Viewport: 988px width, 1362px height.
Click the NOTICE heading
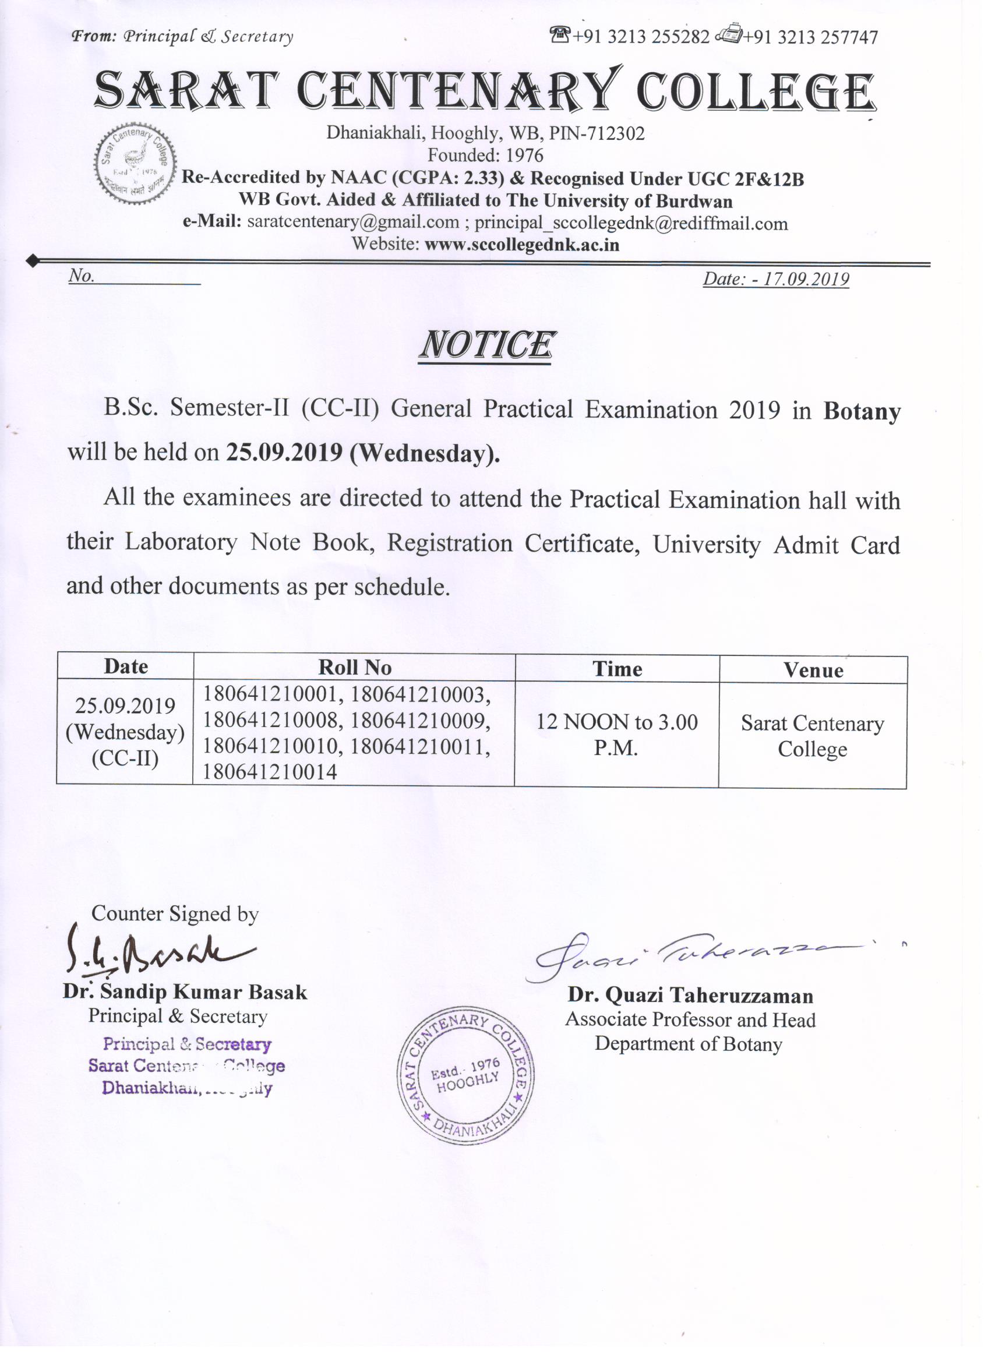485,345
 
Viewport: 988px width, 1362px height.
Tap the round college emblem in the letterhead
135,164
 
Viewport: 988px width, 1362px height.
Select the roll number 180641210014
270,772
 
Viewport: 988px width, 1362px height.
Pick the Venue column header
813,670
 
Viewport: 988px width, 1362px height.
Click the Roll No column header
354,667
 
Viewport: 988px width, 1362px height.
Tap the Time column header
617,669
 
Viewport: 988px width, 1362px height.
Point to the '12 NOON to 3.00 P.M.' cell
617,735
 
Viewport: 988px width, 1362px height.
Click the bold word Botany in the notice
862,411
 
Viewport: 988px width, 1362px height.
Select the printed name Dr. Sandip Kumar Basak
185,992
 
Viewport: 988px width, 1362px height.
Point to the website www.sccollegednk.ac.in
521,245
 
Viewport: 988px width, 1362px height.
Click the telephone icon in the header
560,36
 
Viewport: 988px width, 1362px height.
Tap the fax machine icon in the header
729,36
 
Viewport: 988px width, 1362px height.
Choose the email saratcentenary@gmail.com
353,222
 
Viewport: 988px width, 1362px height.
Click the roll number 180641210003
421,695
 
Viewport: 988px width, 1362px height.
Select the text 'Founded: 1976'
485,156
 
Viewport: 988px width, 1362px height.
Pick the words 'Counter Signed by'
175,913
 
